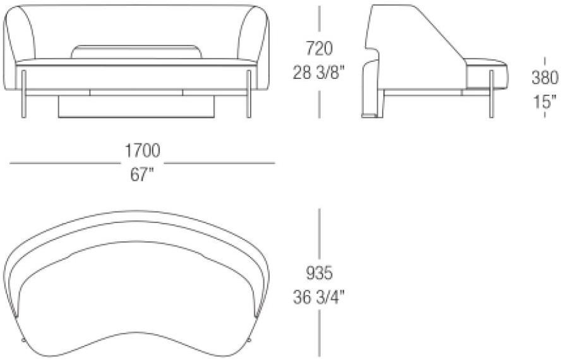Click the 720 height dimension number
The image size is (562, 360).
[x=319, y=49]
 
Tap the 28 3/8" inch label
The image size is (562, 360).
[x=319, y=73]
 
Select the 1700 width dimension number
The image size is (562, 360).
[x=142, y=150]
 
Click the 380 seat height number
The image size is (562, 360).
[x=545, y=78]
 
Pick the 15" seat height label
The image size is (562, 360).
[x=545, y=102]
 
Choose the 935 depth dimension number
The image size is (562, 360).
[x=319, y=273]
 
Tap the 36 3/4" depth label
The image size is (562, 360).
[x=319, y=297]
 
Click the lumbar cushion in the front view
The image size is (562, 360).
[x=136, y=52]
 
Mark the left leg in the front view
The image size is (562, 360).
[x=24, y=94]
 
